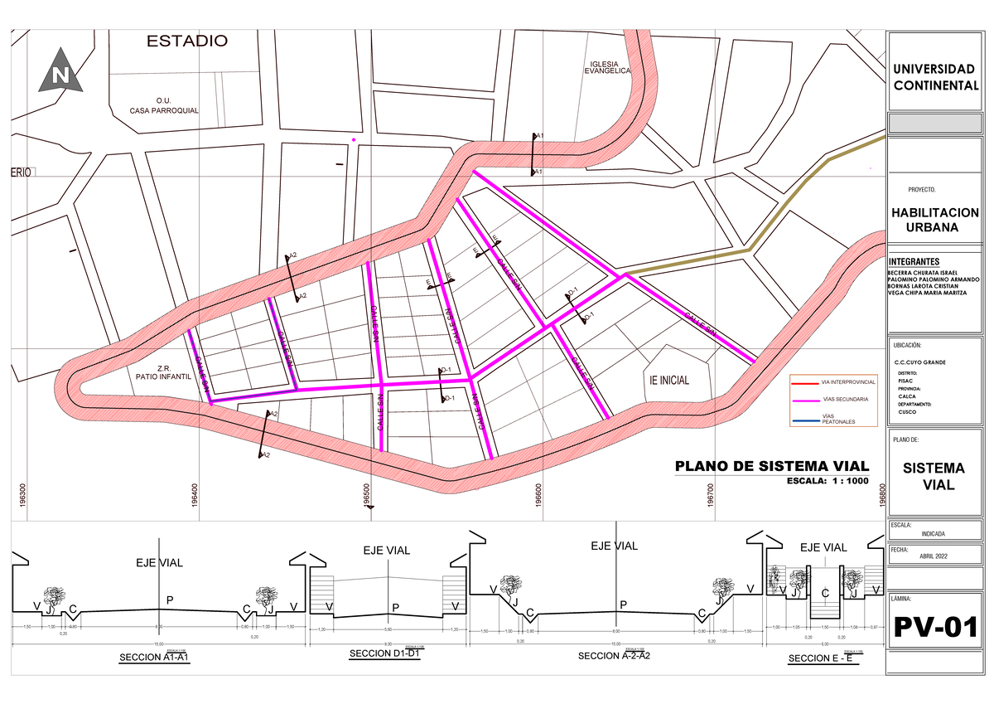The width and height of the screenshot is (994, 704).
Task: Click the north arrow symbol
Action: click(x=59, y=72)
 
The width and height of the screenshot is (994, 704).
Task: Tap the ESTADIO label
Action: click(x=186, y=41)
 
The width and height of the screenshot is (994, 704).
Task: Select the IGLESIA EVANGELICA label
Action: click(x=608, y=69)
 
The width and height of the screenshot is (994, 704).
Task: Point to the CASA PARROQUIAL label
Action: click(x=164, y=111)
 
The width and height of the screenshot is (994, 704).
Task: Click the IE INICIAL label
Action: click(x=669, y=381)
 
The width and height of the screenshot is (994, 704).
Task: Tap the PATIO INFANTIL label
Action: click(x=163, y=376)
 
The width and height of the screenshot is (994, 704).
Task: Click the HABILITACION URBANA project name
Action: click(x=934, y=220)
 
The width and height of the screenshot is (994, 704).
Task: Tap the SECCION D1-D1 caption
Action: click(x=387, y=654)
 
